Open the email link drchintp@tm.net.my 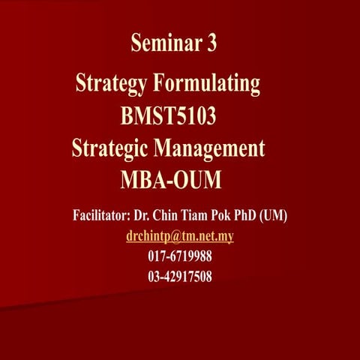179,236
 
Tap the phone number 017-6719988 180,256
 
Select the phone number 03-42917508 180,277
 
